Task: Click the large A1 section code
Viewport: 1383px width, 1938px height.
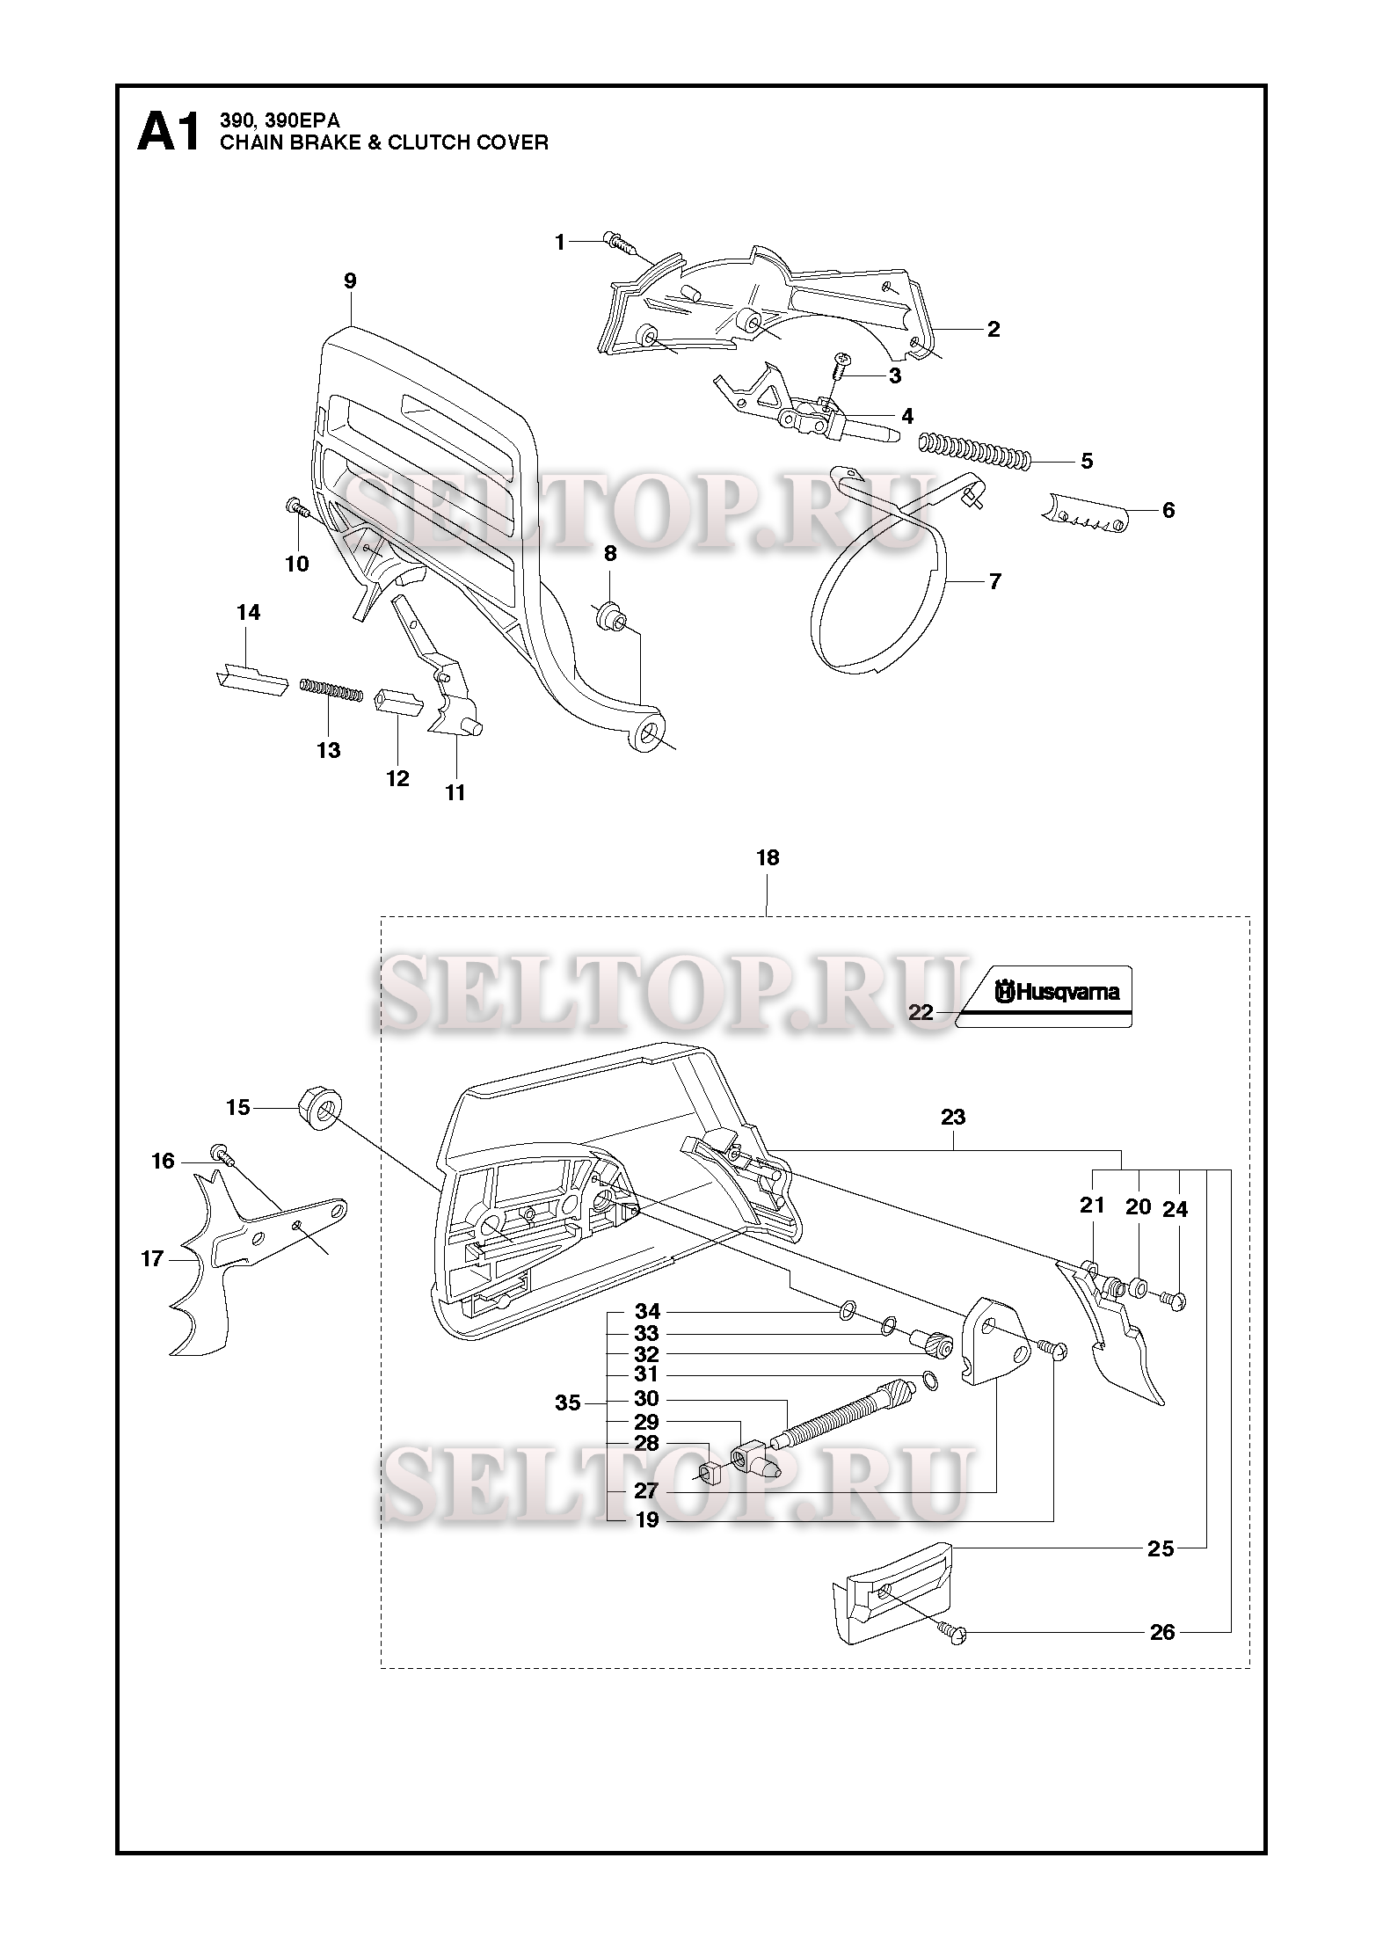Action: point(170,134)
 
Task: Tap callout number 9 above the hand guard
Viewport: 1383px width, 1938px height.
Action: point(350,280)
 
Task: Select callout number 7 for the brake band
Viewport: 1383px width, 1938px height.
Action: point(994,581)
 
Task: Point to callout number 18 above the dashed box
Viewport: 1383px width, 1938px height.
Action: point(768,857)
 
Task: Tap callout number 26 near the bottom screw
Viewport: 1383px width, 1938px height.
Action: point(1161,1632)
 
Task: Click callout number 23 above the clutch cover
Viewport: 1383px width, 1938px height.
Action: point(953,1117)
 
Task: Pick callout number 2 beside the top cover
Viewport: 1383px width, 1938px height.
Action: point(994,330)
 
